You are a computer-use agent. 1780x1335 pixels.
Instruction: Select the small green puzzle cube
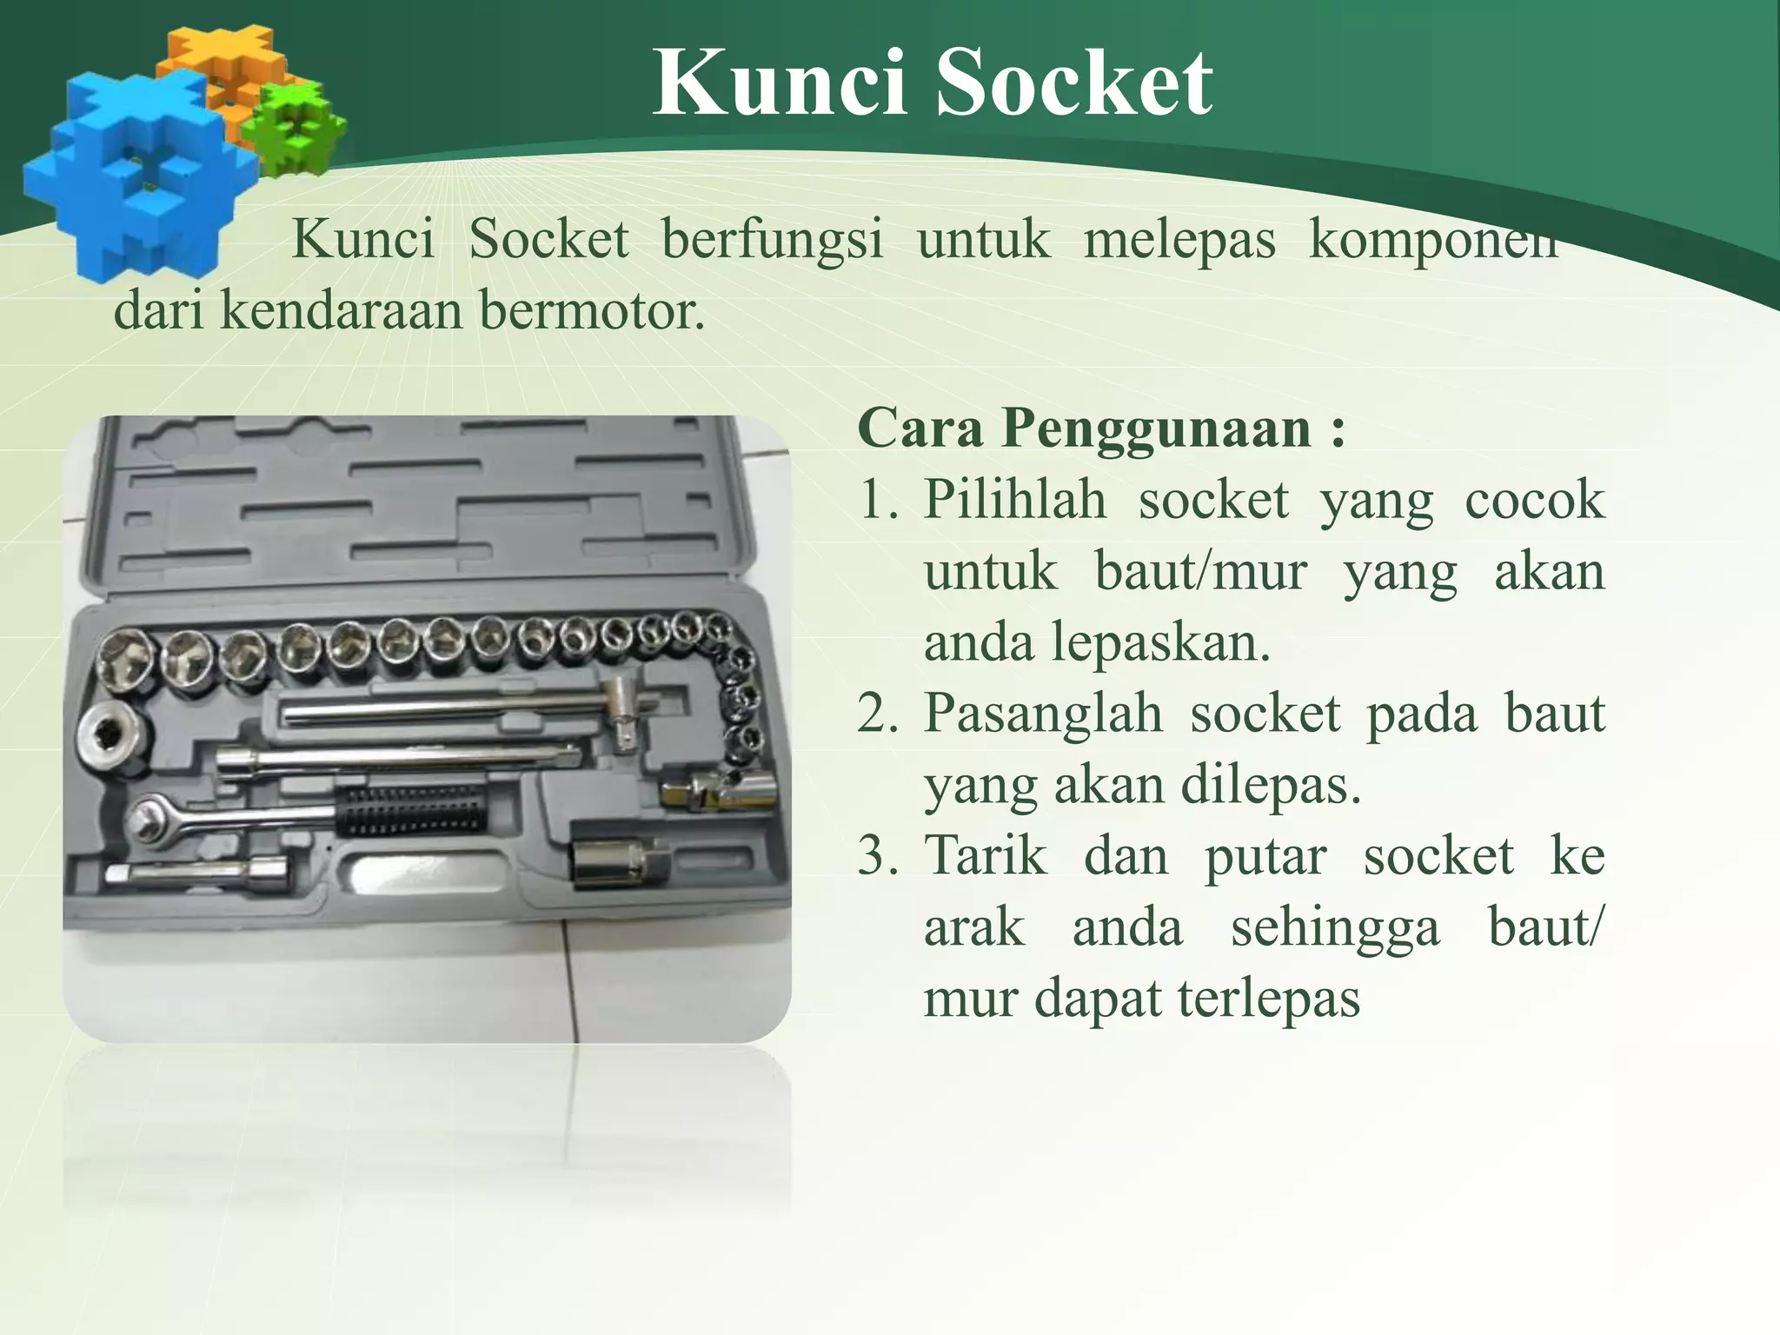point(294,128)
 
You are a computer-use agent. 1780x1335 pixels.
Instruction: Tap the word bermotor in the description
point(591,310)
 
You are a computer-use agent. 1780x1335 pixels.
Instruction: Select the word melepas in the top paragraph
point(1179,240)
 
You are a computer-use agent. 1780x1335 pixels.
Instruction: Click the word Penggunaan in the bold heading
point(1155,428)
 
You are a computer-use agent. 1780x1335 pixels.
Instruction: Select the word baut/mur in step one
point(1200,572)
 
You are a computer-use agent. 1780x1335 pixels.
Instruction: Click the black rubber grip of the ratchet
point(408,810)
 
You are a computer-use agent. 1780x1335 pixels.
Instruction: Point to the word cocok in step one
point(1534,500)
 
